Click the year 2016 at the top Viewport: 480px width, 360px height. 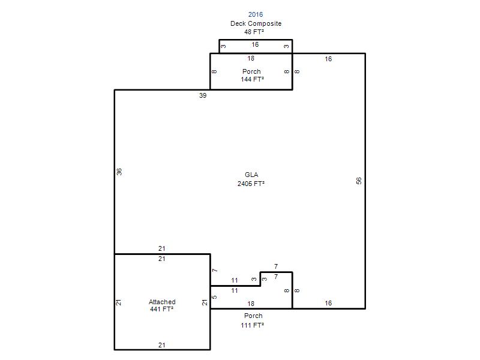pos(256,14)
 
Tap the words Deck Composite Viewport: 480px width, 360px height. pos(256,23)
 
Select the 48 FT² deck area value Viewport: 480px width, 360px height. pos(254,32)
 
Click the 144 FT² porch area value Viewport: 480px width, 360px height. pos(252,79)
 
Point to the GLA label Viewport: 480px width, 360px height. pos(251,175)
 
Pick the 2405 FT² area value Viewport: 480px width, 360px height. pos(251,184)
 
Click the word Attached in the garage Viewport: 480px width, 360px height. pos(162,302)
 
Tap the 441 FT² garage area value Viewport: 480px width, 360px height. pos(161,309)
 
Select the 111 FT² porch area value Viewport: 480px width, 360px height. pos(252,325)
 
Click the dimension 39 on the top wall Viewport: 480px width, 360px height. pos(203,95)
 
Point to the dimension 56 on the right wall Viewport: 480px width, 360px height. pos(359,181)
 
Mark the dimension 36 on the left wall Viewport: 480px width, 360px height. pos(119,172)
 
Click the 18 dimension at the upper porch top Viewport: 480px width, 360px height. pos(251,58)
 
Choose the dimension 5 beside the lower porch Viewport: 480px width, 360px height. pos(215,297)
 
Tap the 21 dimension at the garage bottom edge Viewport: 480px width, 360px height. pos(161,346)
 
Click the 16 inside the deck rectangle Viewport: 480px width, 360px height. pos(255,44)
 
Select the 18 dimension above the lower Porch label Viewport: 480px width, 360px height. pos(251,304)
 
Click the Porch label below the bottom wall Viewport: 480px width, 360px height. pos(253,316)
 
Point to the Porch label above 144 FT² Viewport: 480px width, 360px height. pos(251,71)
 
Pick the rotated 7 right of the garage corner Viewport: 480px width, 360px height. pos(215,271)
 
